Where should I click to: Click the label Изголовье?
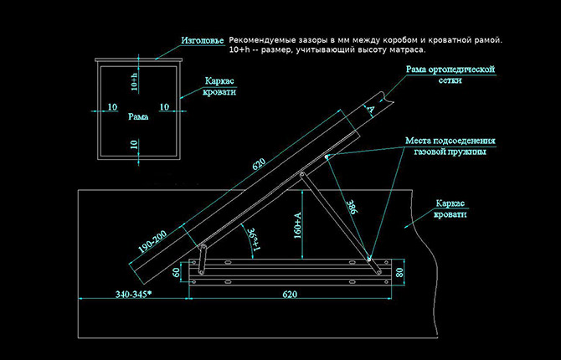202,40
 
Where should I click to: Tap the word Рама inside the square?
138,116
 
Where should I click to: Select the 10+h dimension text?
135,81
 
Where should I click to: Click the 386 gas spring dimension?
352,207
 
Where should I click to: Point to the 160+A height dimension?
298,225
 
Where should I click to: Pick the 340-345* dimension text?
133,294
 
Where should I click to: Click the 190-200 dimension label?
152,242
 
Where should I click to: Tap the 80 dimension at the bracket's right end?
399,272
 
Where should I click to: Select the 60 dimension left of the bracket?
177,272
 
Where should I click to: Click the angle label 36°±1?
255,239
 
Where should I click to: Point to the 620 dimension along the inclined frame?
259,164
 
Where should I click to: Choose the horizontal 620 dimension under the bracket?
290,294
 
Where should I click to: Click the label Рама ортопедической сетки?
450,75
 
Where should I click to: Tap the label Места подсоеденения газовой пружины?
450,146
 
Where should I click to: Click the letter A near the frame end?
371,109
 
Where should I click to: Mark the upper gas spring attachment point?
327,157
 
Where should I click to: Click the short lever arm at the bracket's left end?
203,260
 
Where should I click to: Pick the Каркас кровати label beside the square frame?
219,86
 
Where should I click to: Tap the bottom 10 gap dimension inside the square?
134,145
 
